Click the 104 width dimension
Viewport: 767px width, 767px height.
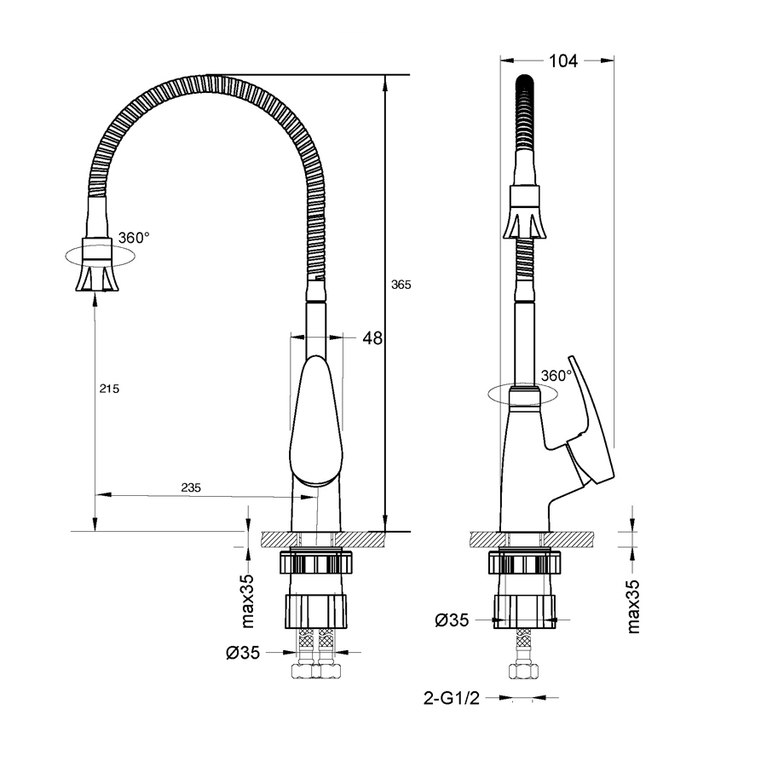pos(563,61)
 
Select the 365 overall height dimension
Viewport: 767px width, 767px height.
pos(401,285)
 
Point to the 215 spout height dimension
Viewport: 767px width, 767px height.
pos(109,389)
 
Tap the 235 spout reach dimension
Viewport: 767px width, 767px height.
pos(191,487)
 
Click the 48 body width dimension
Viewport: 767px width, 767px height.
pos(372,338)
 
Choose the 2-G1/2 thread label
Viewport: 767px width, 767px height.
pos(452,698)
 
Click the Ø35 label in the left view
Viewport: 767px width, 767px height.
pos(243,653)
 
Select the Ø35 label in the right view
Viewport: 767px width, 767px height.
pos(452,620)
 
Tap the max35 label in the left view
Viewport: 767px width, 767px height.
pos(248,601)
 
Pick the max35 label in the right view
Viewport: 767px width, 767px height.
pos(633,607)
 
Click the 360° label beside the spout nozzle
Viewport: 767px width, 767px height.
pos(134,239)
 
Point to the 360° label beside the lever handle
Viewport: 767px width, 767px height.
pos(557,376)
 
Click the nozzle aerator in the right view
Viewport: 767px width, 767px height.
pos(524,212)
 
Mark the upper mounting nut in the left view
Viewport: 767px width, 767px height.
pos(316,561)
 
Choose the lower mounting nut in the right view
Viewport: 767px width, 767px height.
pos(525,611)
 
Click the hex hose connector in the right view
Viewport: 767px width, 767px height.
pos(524,672)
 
